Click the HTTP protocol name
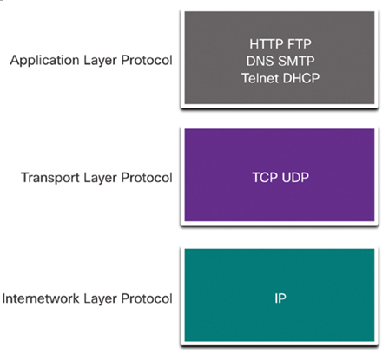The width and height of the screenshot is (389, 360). pyautogui.click(x=263, y=44)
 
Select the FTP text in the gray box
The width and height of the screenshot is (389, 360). pyautogui.click(x=296, y=44)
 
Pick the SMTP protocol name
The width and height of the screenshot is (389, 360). pyautogui.click(x=296, y=61)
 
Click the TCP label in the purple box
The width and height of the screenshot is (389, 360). pyautogui.click(x=265, y=177)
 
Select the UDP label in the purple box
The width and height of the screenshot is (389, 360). pyautogui.click(x=295, y=177)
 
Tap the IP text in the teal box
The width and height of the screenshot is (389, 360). pyautogui.click(x=280, y=298)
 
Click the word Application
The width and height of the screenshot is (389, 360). pyautogui.click(x=44, y=61)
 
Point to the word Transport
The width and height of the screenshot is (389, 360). pyautogui.click(x=50, y=178)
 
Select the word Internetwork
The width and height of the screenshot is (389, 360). pyautogui.click(x=41, y=298)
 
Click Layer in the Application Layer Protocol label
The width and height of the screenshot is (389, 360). pyautogui.click(x=101, y=61)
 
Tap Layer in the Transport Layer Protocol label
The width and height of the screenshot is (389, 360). pyautogui.click(x=101, y=178)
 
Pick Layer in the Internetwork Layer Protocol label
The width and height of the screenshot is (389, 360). pyautogui.click(x=101, y=299)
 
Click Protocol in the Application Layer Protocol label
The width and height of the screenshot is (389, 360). pyautogui.click(x=147, y=60)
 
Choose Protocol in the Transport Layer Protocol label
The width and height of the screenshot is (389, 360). pyautogui.click(x=147, y=178)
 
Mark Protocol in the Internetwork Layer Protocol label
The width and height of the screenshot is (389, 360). pyautogui.click(x=147, y=298)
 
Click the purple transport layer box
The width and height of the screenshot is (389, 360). pyautogui.click(x=280, y=175)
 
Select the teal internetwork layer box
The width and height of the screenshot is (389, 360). pyautogui.click(x=280, y=295)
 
